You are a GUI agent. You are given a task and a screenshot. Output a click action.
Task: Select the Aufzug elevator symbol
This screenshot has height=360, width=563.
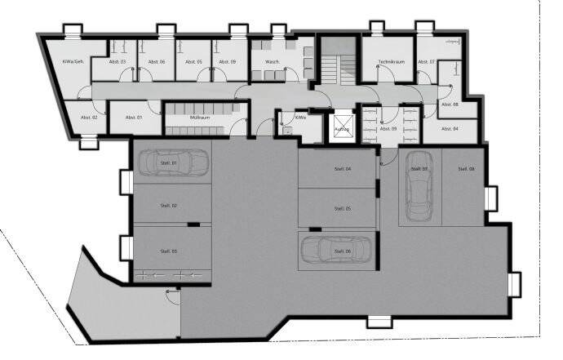[343, 127]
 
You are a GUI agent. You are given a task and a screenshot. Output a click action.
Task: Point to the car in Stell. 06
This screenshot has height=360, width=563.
[336, 251]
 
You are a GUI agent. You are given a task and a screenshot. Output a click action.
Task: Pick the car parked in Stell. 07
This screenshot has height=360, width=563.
[419, 187]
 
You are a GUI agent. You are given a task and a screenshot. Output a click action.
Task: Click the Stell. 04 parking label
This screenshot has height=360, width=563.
[343, 169]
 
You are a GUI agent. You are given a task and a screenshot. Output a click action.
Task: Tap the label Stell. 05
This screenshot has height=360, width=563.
[343, 209]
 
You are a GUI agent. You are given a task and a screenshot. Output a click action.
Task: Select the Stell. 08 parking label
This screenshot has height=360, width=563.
[465, 169]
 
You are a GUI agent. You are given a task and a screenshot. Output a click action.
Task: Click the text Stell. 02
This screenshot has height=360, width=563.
[169, 206]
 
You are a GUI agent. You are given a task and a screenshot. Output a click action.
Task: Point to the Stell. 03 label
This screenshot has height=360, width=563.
[169, 251]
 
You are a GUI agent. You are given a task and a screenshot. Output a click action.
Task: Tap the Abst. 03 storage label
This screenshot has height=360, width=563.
[117, 62]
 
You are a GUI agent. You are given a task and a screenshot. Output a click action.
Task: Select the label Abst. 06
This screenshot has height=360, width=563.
[157, 62]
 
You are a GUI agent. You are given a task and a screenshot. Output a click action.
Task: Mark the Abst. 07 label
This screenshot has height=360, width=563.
[426, 62]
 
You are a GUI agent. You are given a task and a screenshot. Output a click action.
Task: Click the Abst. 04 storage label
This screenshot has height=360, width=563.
[450, 129]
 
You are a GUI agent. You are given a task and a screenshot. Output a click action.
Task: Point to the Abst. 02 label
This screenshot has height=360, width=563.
[89, 118]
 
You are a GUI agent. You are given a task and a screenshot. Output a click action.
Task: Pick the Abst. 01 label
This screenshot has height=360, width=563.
[134, 118]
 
